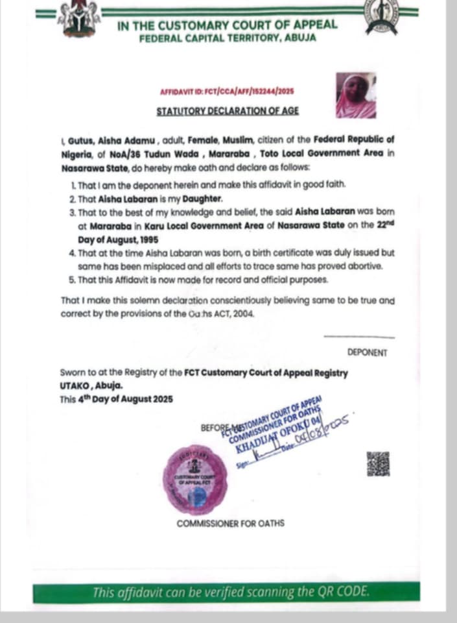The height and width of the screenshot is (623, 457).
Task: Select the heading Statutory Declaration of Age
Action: point(228,110)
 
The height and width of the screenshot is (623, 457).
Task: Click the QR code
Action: point(379,463)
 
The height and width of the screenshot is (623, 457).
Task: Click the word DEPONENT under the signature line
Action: point(367,353)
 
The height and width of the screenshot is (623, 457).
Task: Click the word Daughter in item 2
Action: point(203,198)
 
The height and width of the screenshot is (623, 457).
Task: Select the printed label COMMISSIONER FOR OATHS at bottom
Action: point(230,523)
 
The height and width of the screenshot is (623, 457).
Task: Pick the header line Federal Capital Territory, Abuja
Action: point(227,38)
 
